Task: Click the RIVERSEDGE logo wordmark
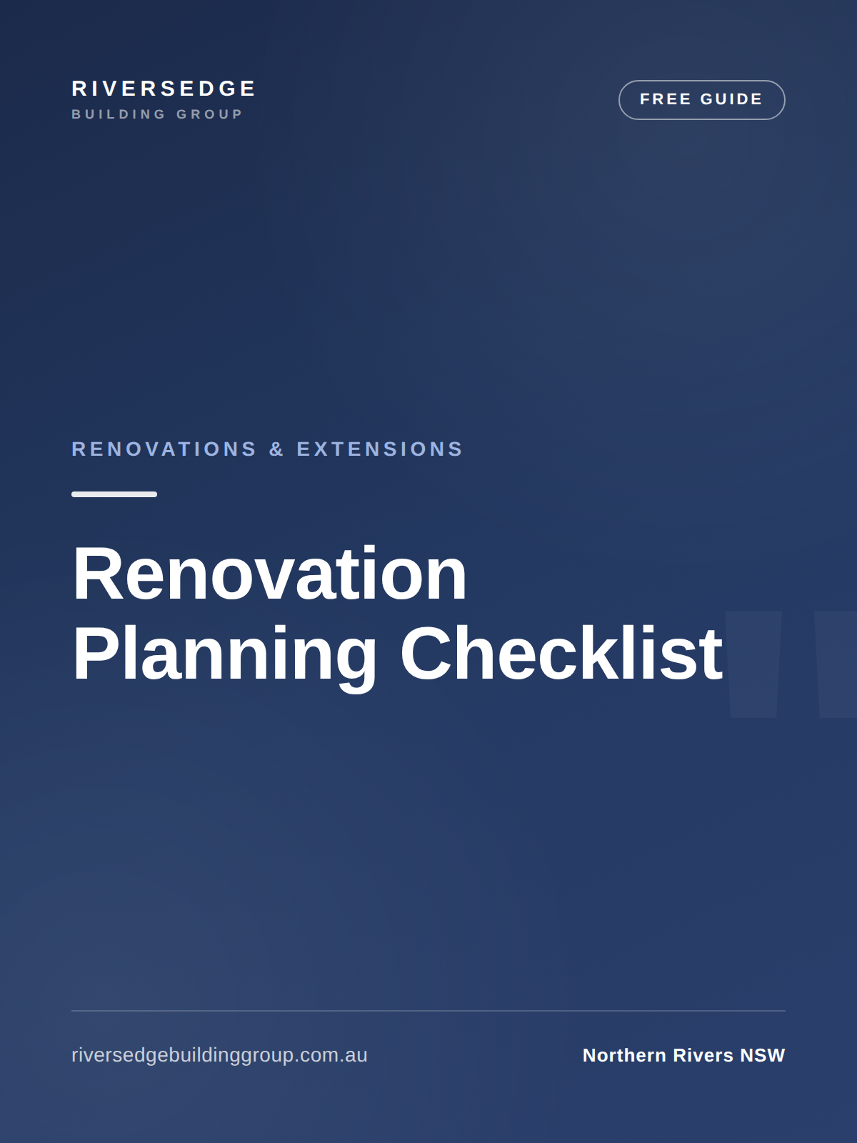coord(164,89)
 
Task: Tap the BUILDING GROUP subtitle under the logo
coord(157,114)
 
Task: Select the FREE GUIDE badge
coord(701,99)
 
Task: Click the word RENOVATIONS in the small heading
coord(164,449)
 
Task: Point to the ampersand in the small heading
coord(276,449)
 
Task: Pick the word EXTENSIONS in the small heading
coord(379,449)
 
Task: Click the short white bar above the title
coord(114,494)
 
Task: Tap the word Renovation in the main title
coord(269,574)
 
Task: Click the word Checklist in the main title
coord(561,653)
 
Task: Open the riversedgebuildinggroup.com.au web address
coord(219,1055)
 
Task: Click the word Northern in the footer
coord(624,1056)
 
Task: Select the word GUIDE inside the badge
coord(731,99)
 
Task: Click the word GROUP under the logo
coord(210,114)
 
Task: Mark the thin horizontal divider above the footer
coord(428,1011)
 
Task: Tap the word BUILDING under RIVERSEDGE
coord(119,114)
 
